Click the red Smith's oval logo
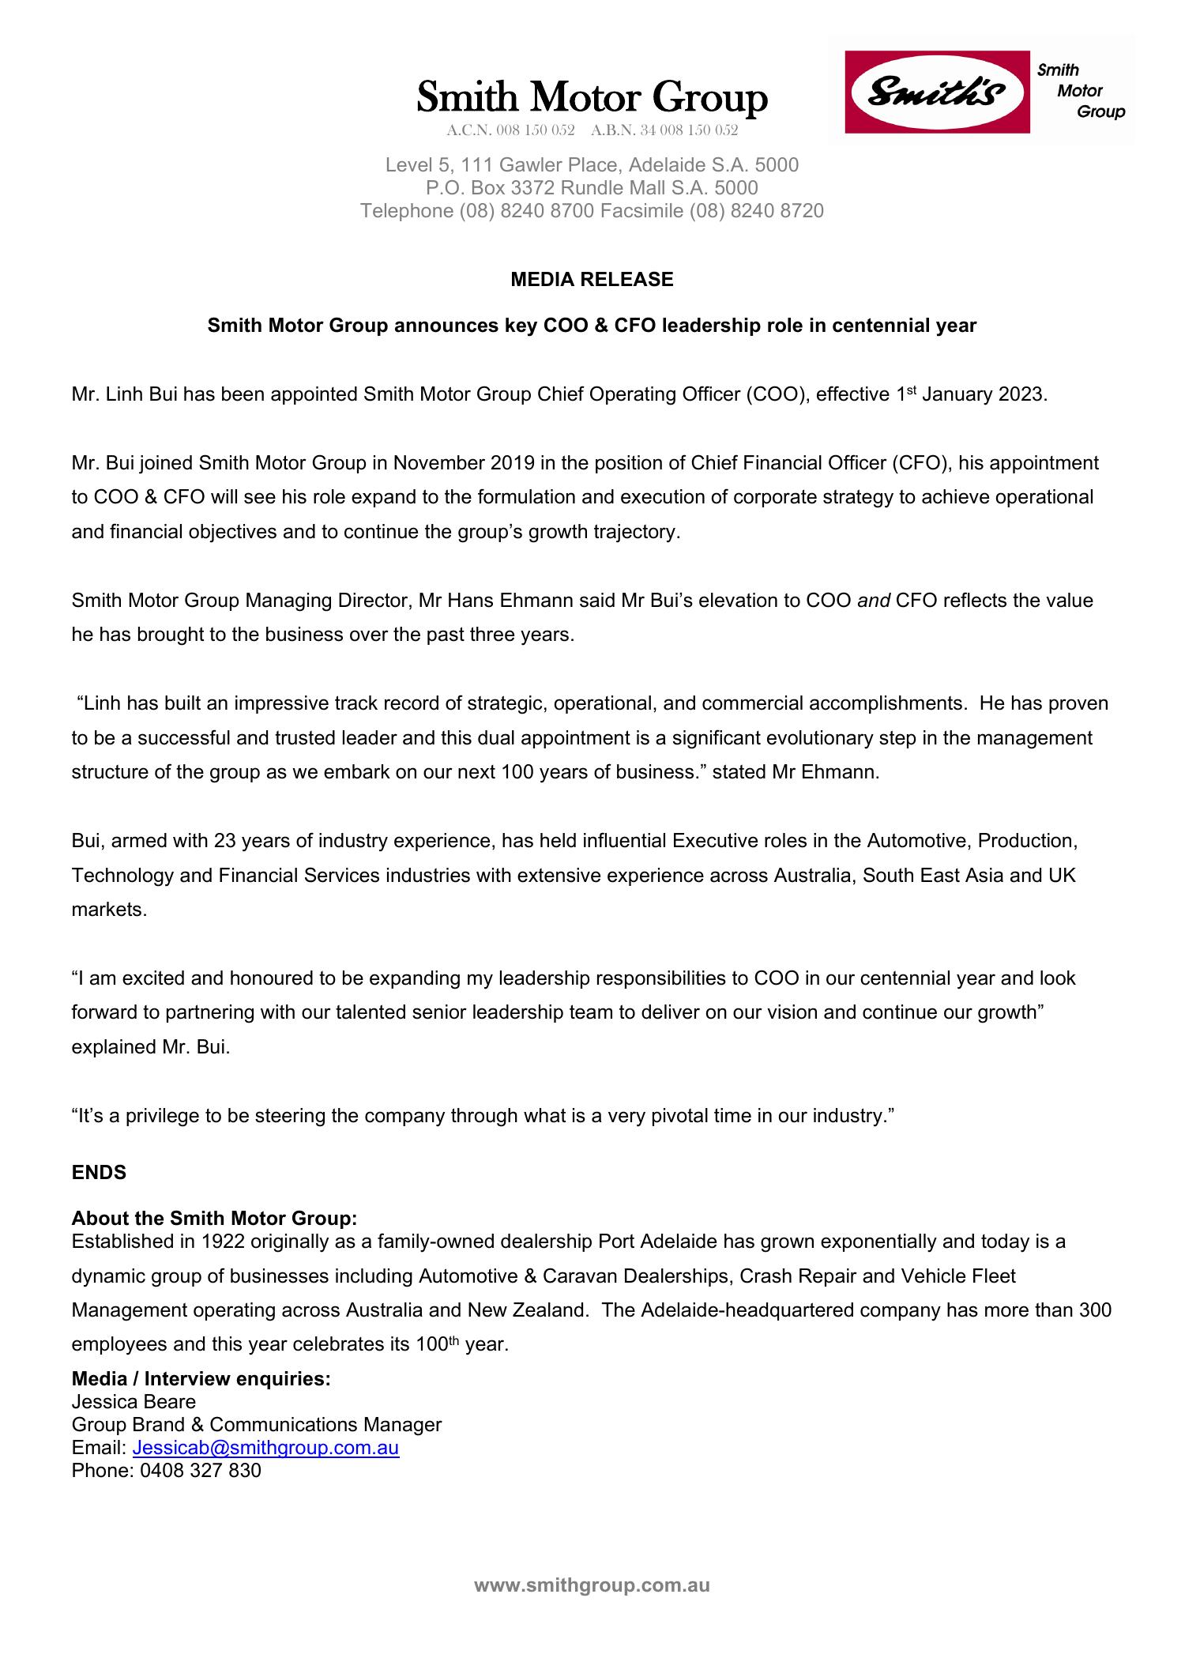pyautogui.click(x=937, y=92)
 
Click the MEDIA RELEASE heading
pyautogui.click(x=592, y=279)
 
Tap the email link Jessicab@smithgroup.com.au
pyautogui.click(x=265, y=1447)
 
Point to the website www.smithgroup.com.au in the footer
pyautogui.click(x=592, y=1585)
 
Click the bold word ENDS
pyautogui.click(x=99, y=1172)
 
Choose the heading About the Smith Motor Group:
pyautogui.click(x=214, y=1218)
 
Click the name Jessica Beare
pyautogui.click(x=134, y=1401)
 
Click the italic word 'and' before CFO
pyautogui.click(x=874, y=601)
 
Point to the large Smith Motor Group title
pyautogui.click(x=592, y=98)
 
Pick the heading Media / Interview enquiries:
pyautogui.click(x=201, y=1378)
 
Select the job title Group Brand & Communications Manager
pyautogui.click(x=256, y=1424)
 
